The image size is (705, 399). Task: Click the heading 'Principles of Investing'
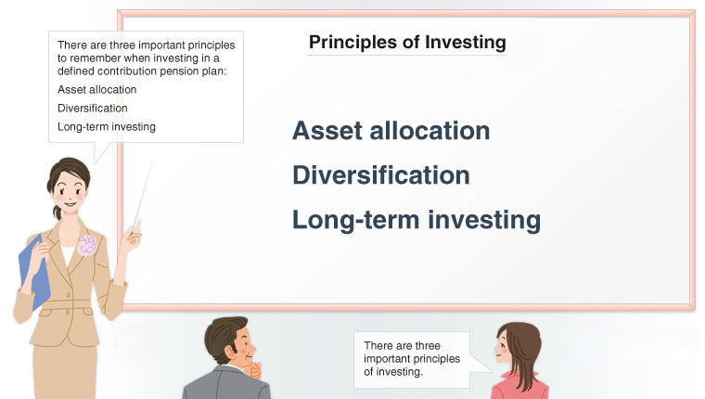click(407, 43)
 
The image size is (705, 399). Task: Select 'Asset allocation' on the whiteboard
click(391, 131)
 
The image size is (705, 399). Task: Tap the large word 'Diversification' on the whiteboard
click(380, 175)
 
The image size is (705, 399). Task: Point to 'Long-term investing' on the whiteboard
click(416, 220)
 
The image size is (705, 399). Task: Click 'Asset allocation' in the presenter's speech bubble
click(96, 90)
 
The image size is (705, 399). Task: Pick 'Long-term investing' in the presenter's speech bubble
click(106, 127)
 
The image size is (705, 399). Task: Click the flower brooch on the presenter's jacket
click(87, 245)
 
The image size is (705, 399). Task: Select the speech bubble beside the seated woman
click(408, 357)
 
